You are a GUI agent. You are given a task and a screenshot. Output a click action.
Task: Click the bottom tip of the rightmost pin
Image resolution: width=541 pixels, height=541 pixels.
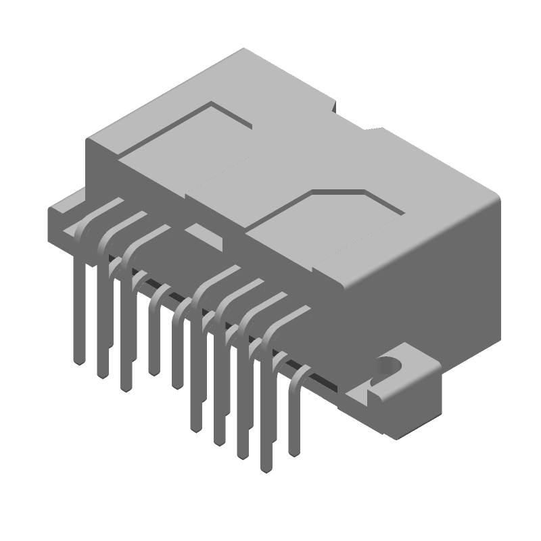[293, 452]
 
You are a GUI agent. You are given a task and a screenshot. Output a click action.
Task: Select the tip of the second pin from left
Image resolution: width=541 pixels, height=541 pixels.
[103, 375]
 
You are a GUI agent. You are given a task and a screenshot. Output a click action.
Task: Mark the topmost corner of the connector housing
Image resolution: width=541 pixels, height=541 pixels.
[245, 51]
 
